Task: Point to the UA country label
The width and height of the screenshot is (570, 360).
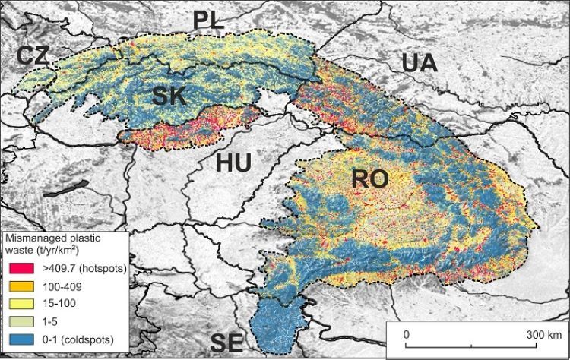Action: [420, 64]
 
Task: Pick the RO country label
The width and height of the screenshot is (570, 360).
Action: [370, 180]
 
